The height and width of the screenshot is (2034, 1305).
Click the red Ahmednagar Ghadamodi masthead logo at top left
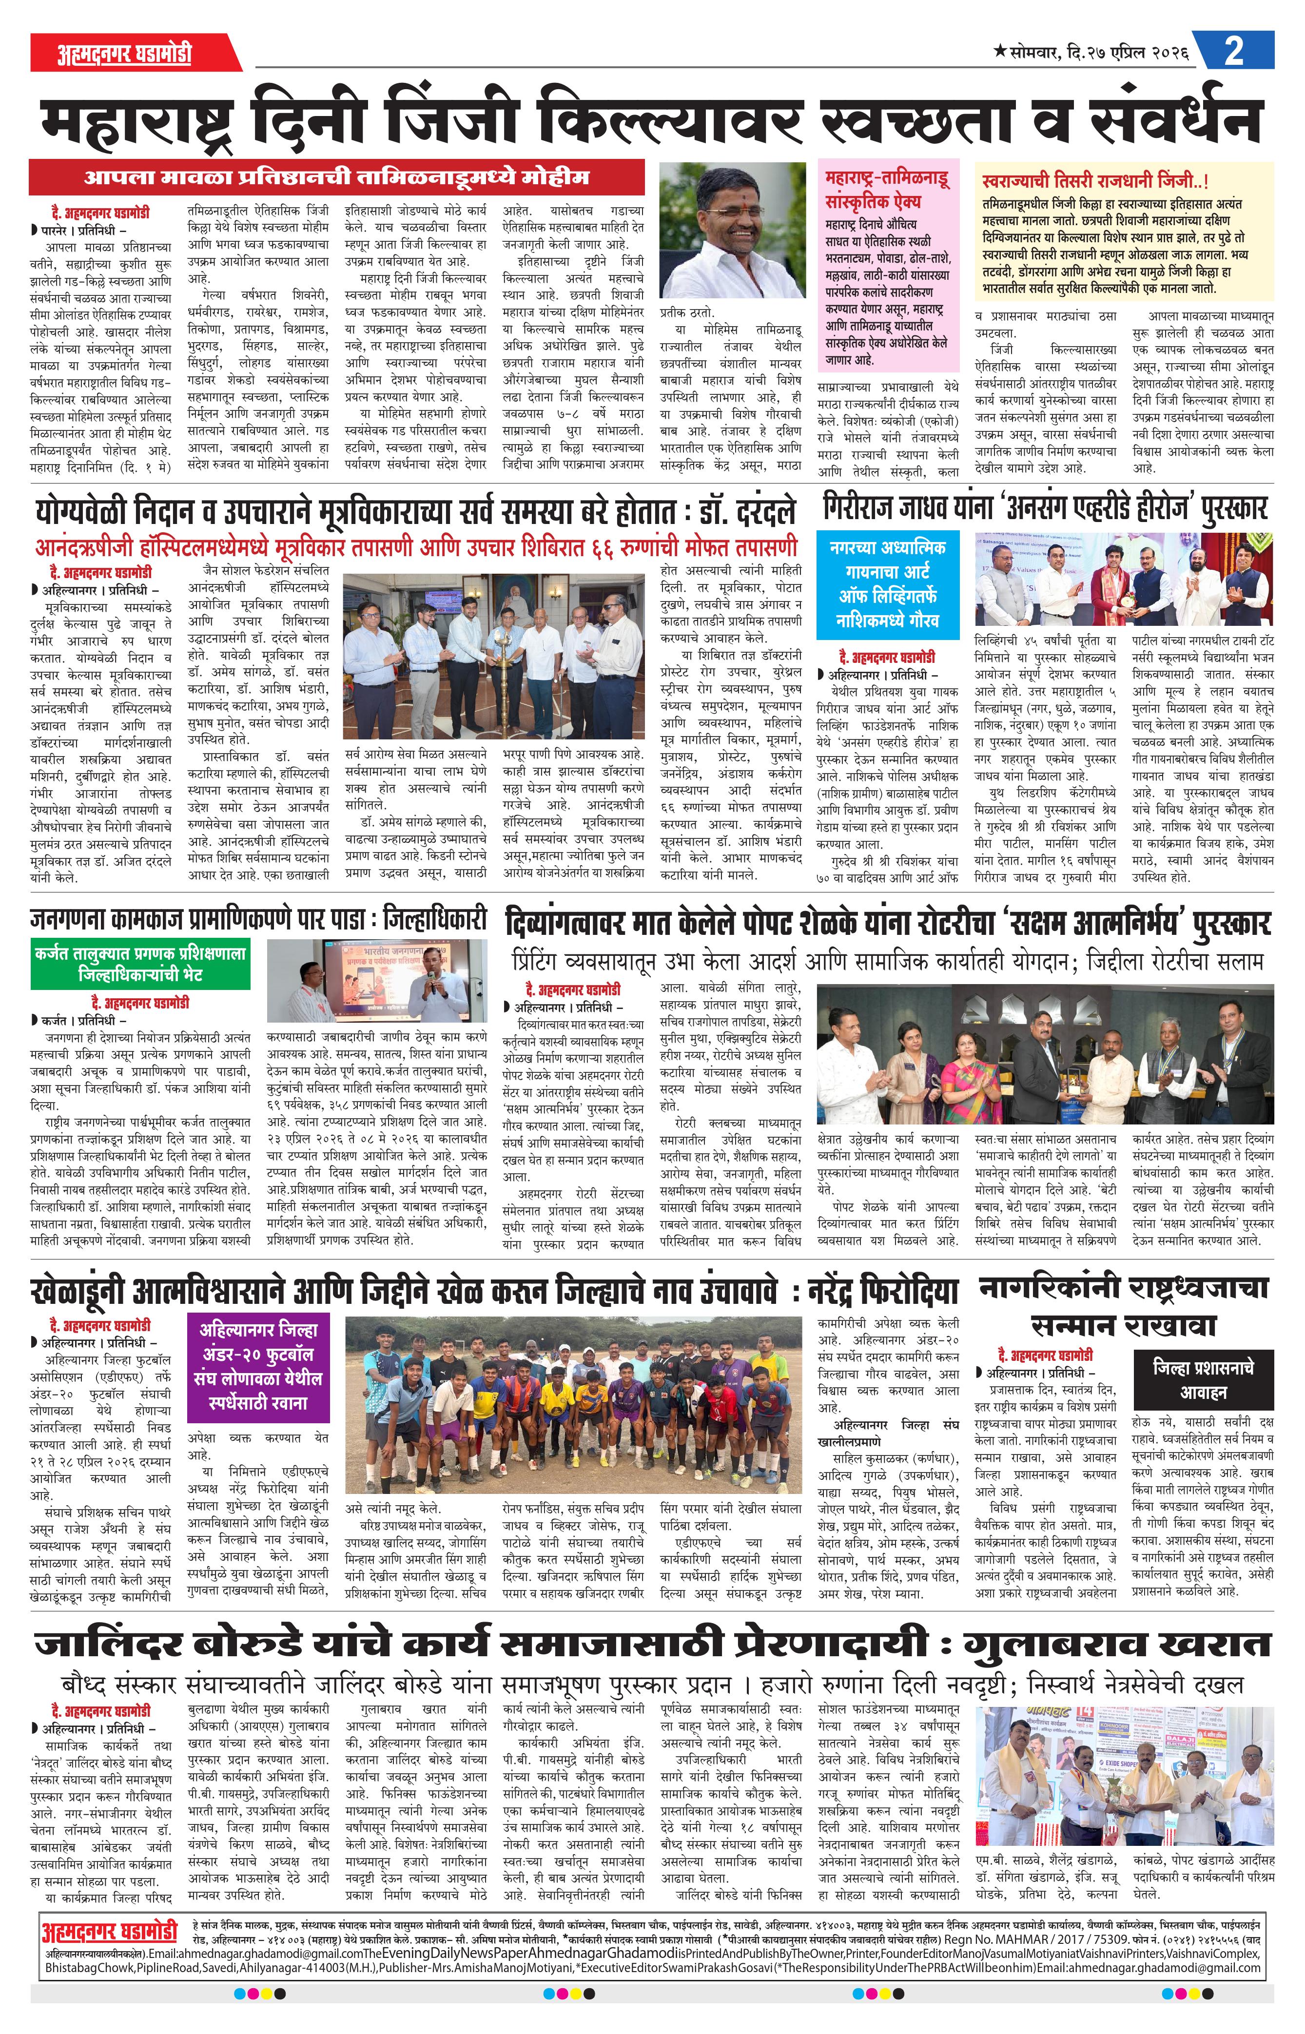click(x=125, y=53)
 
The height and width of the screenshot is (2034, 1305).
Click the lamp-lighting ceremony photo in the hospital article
click(x=493, y=656)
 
